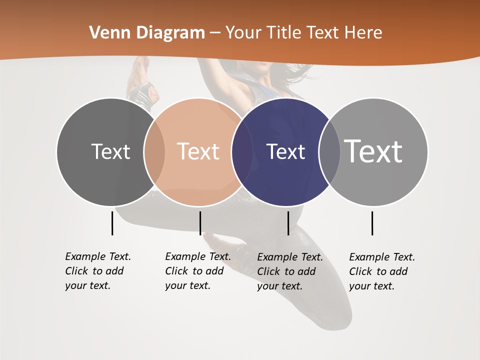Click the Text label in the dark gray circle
110,151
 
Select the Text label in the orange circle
198,151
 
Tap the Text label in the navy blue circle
285,151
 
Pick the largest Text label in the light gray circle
373,151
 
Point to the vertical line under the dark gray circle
112,223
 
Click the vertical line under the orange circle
200,223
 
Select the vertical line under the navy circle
288,223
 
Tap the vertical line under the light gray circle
372,223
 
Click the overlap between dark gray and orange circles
154,151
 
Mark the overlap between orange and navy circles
242,151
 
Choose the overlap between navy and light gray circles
329,151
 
